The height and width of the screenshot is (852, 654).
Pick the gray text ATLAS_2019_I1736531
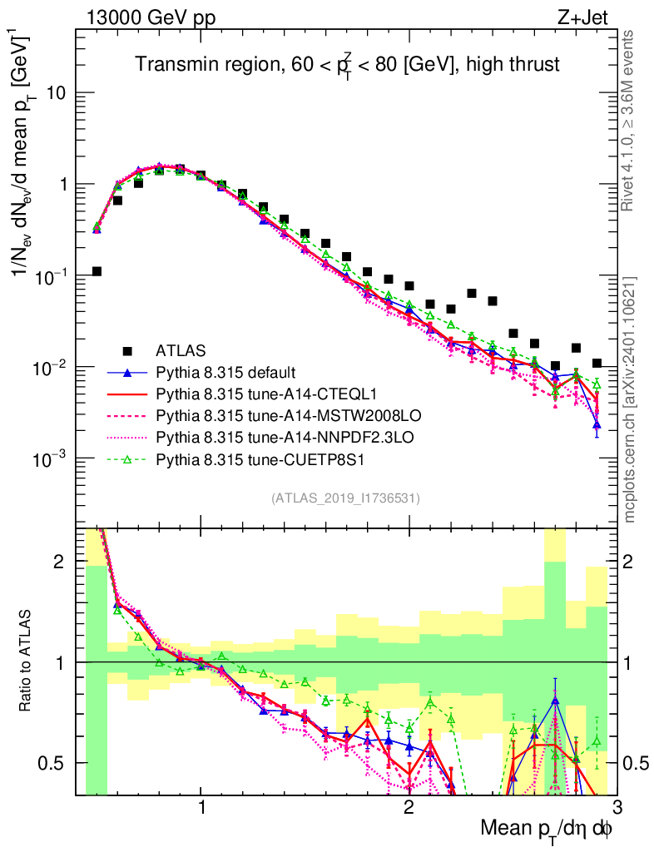(344, 499)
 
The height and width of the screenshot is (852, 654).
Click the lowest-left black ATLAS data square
(97, 271)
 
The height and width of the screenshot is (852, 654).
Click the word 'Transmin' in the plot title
(171, 63)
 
